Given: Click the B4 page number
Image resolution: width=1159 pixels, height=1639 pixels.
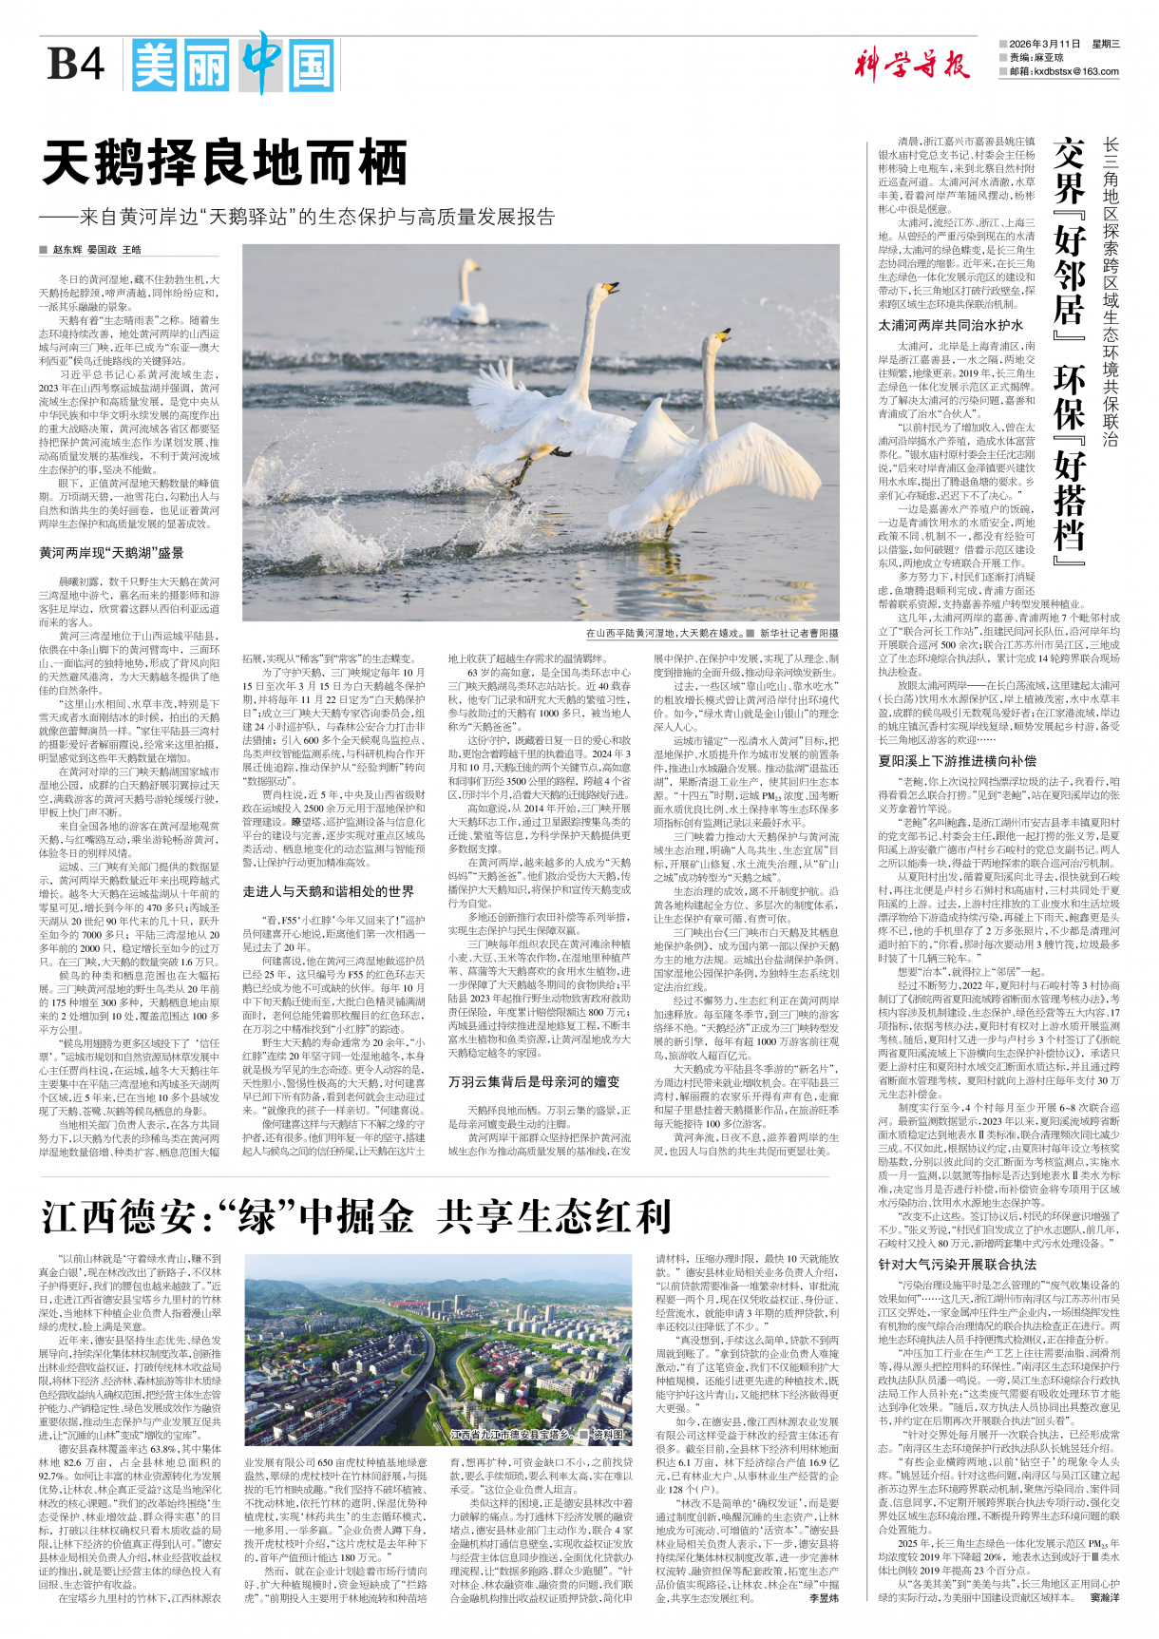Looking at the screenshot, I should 76,65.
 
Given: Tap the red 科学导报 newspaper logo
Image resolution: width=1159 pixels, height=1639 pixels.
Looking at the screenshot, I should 911,65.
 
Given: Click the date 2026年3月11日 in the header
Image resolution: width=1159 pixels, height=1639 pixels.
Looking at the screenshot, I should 1045,45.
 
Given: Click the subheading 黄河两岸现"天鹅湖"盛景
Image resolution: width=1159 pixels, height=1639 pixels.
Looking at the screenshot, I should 111,553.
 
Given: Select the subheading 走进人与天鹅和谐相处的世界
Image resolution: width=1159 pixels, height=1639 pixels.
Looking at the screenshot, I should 328,891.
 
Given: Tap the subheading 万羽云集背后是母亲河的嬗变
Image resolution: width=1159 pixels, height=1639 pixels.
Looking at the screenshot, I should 534,1081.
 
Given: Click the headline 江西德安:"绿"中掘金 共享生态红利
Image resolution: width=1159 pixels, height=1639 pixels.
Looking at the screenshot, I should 357,1216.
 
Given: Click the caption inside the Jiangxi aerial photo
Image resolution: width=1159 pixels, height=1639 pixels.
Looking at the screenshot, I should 537,1435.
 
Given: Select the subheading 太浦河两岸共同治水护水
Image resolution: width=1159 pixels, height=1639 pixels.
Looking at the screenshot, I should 951,325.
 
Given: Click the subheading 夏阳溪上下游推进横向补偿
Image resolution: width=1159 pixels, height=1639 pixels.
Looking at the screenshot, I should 957,761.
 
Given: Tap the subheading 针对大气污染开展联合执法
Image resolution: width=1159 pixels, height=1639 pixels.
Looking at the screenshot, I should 957,1265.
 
